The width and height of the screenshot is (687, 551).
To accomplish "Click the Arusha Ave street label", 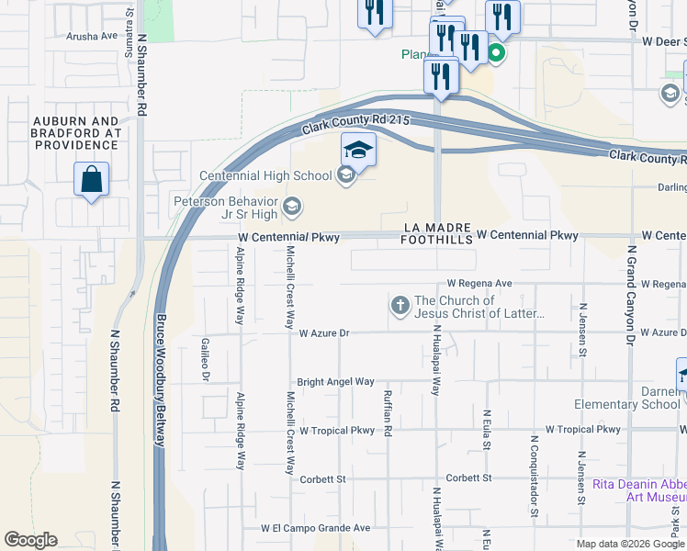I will pyautogui.click(x=93, y=36).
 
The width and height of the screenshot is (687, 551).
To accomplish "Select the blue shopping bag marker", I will pyautogui.click(x=92, y=180).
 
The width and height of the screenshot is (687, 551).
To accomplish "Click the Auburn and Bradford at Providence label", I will pyautogui.click(x=76, y=132).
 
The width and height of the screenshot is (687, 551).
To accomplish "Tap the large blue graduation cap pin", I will pyautogui.click(x=358, y=151).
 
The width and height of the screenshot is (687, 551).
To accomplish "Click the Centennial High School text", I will pyautogui.click(x=266, y=175).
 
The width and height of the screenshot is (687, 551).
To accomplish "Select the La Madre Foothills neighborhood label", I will pyautogui.click(x=436, y=233).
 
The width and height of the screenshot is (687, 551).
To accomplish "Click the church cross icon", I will pyautogui.click(x=400, y=305).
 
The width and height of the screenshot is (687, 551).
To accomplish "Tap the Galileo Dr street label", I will pyautogui.click(x=206, y=359).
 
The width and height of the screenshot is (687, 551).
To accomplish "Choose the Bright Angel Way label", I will pyautogui.click(x=335, y=381).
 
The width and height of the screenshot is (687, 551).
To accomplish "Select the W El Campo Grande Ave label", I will pyautogui.click(x=315, y=528).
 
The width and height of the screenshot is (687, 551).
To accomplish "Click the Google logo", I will pyautogui.click(x=31, y=540).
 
